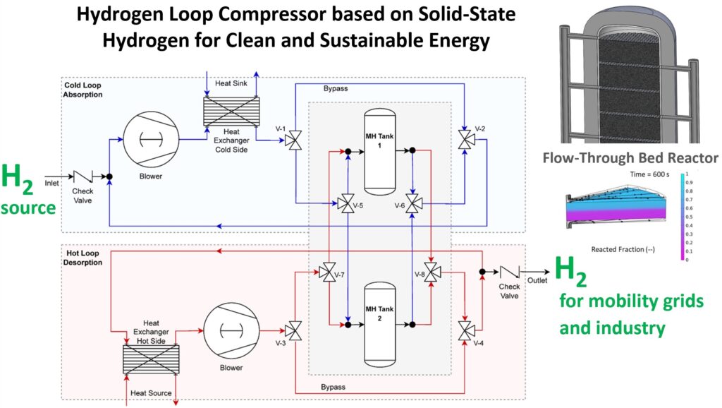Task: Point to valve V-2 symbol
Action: [465, 139]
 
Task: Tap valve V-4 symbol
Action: [465, 330]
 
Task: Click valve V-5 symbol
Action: [347, 205]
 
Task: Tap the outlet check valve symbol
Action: [508, 272]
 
